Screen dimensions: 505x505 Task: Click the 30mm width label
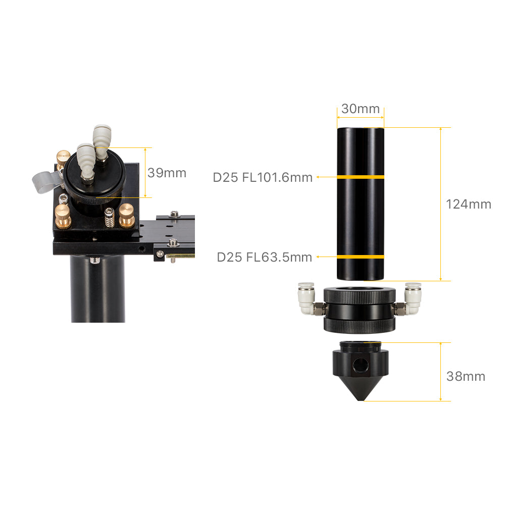click(x=361, y=109)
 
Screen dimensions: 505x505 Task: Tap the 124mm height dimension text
click(x=469, y=204)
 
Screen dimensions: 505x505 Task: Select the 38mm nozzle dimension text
click(x=466, y=376)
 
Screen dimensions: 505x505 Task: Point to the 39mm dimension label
click(x=167, y=173)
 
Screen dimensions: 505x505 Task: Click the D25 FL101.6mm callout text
click(x=263, y=177)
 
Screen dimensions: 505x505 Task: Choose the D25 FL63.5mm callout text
click(x=265, y=258)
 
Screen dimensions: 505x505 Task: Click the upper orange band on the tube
click(x=361, y=177)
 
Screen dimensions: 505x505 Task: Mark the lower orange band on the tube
click(x=361, y=257)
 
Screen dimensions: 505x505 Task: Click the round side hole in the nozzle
click(x=361, y=365)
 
